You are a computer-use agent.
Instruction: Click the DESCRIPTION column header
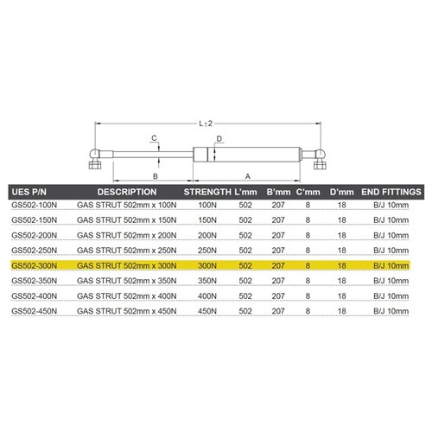[x=127, y=192]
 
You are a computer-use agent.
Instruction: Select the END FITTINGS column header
[x=391, y=192]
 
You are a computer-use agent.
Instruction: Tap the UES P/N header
[x=29, y=192]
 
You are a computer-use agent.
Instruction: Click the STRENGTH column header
[x=207, y=192]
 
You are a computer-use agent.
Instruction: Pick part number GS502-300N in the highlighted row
[x=35, y=265]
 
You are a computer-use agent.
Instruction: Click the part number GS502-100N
[x=35, y=205]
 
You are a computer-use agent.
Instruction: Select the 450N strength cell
[x=207, y=311]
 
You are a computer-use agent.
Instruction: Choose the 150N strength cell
[x=207, y=220]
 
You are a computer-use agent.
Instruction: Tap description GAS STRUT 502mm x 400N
[x=127, y=295]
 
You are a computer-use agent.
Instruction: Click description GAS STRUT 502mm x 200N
[x=127, y=235]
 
